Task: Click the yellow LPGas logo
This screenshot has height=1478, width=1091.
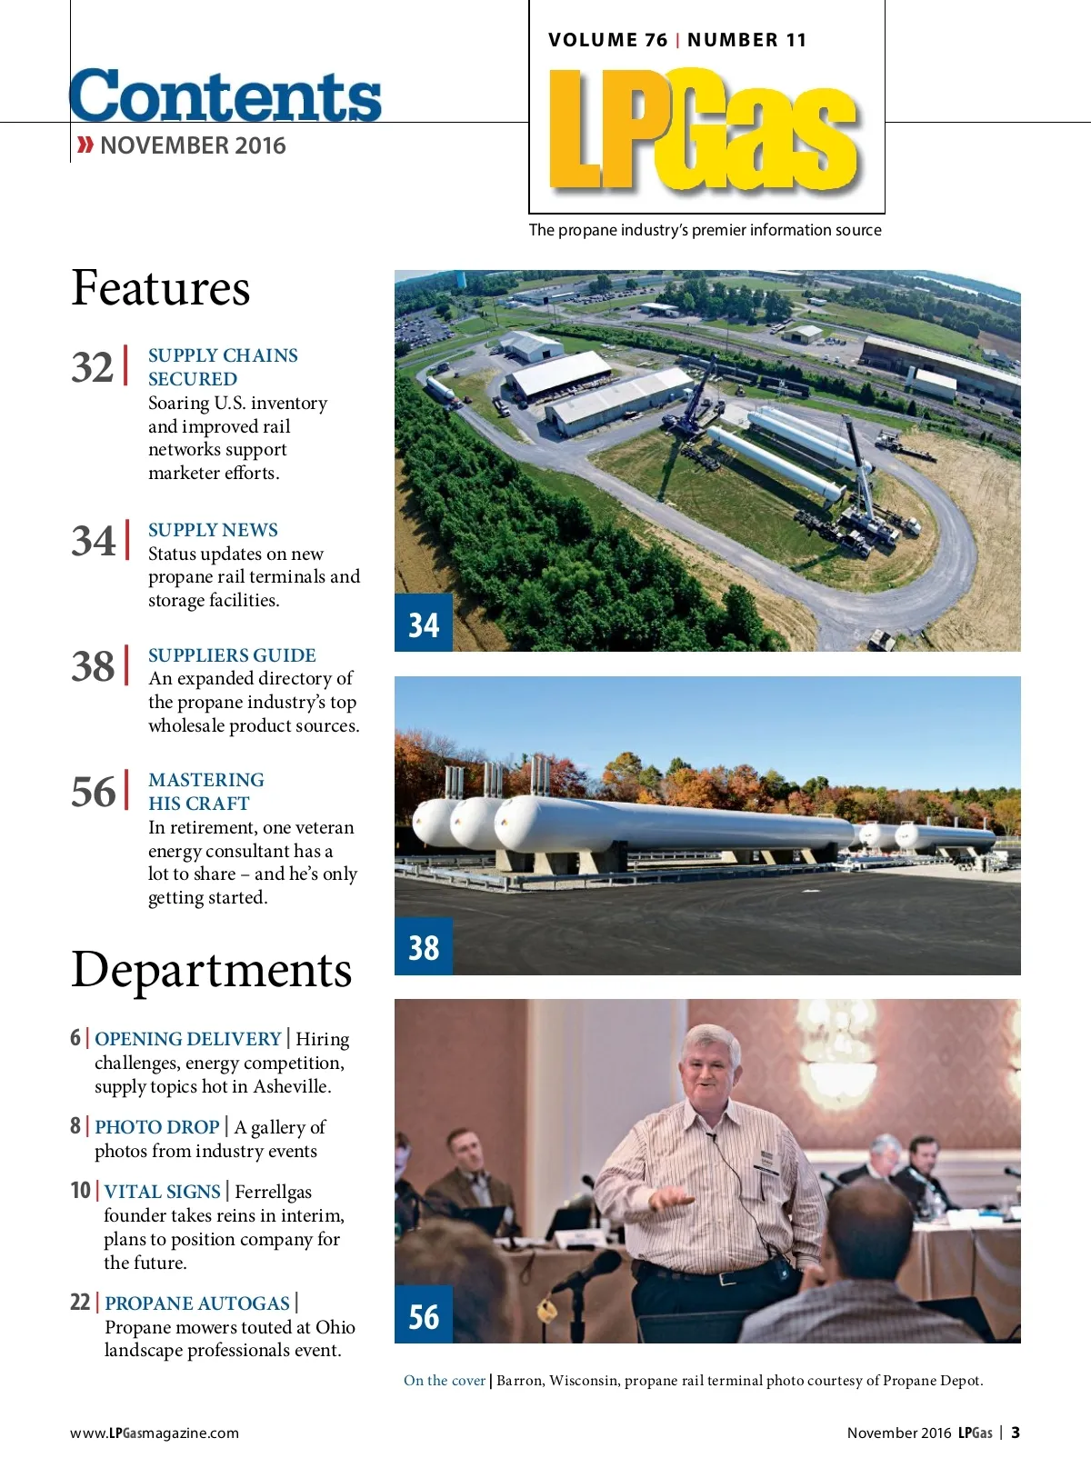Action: coord(704,129)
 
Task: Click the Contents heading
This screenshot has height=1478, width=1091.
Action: coord(225,95)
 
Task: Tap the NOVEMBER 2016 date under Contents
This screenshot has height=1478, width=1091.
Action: coord(193,145)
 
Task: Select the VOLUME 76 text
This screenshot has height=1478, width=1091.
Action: coord(607,40)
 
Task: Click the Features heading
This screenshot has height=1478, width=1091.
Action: coord(161,288)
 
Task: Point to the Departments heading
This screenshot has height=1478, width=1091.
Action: coord(211,969)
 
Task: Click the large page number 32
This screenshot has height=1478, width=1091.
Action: coord(93,367)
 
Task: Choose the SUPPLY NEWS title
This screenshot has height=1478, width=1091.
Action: coord(213,530)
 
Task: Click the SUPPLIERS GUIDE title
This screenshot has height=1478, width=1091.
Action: coord(232,655)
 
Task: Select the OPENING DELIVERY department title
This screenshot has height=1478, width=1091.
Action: coord(188,1039)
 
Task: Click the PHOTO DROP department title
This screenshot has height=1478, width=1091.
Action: coord(157,1127)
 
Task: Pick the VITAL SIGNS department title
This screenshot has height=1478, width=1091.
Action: coord(163,1192)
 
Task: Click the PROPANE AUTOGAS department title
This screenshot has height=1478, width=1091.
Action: coord(197,1303)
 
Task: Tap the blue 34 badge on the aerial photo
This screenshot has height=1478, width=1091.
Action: coord(424,624)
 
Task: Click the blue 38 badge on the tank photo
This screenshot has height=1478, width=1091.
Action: coord(424,947)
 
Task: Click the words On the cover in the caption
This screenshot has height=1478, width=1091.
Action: coord(445,1381)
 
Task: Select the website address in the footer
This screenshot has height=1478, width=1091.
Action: coord(155,1433)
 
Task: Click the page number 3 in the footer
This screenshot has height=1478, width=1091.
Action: coord(1016,1433)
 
